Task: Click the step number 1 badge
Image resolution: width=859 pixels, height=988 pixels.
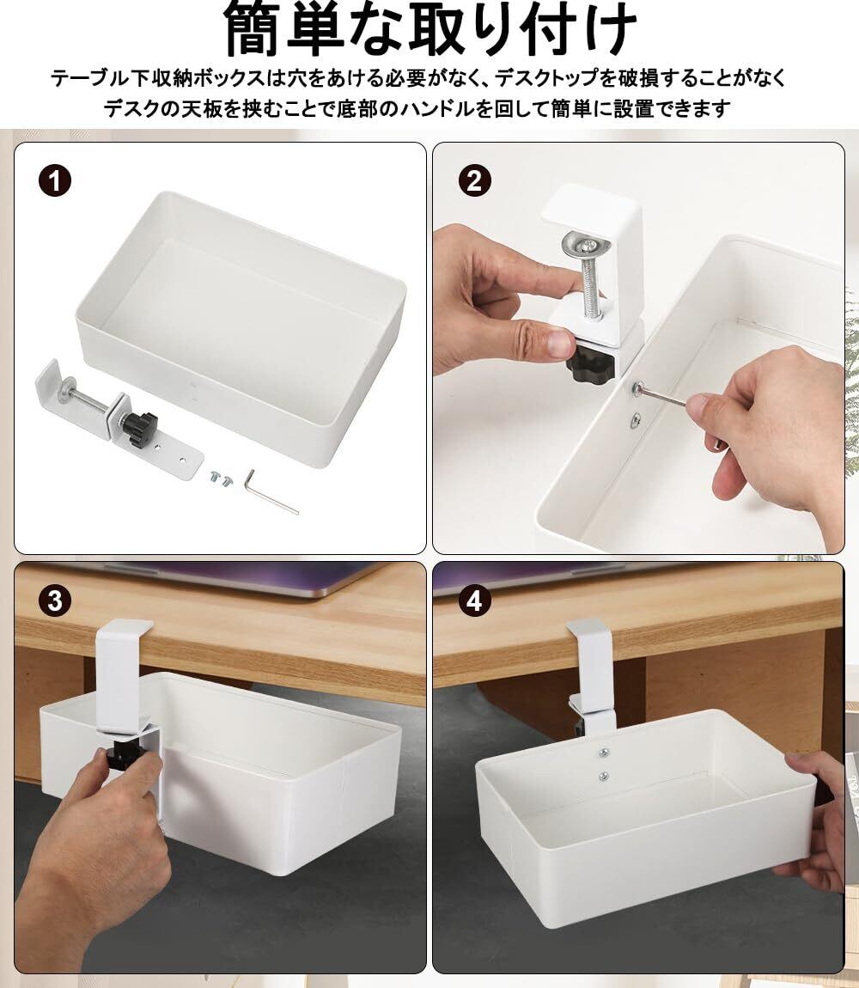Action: pyautogui.click(x=55, y=180)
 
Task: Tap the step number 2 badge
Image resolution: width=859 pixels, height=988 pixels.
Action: pyautogui.click(x=474, y=180)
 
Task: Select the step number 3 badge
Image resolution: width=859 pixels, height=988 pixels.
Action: pyautogui.click(x=55, y=601)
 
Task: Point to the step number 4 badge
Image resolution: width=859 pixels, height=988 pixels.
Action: pyautogui.click(x=474, y=601)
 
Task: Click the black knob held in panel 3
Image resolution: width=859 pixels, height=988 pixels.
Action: pyautogui.click(x=119, y=756)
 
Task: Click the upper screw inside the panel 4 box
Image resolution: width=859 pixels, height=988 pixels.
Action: pyautogui.click(x=604, y=752)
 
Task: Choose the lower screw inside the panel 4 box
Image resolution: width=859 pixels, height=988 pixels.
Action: pyautogui.click(x=604, y=776)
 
